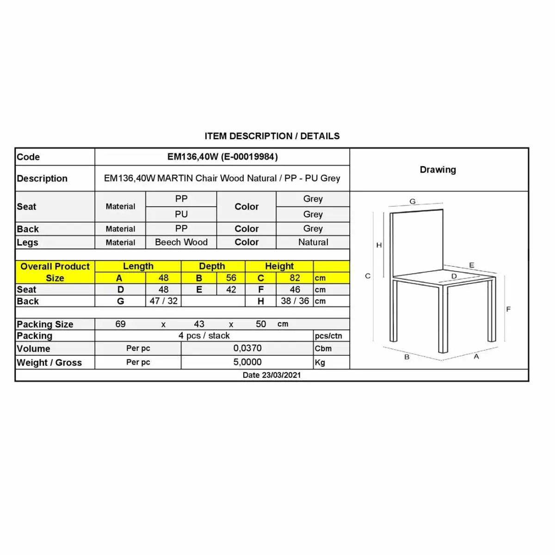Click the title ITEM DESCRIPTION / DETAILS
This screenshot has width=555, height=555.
[272, 136]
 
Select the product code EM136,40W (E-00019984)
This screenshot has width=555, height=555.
[222, 157]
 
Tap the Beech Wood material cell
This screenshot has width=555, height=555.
[181, 242]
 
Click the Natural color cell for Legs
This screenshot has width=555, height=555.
[313, 242]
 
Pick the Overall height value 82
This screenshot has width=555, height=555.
[295, 278]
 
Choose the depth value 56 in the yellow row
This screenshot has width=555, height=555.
[231, 278]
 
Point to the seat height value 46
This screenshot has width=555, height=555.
[295, 290]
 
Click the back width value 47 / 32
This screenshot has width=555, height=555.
[163, 301]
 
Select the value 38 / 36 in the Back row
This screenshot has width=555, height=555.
[295, 301]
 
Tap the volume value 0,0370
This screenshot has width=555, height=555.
[247, 348]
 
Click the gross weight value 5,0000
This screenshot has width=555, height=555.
[247, 362]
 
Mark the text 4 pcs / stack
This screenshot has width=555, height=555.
[204, 336]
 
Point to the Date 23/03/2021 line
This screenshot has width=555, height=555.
[271, 375]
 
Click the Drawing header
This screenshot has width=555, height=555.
[438, 170]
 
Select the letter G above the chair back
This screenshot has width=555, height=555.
[413, 202]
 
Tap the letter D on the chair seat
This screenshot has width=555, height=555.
[454, 277]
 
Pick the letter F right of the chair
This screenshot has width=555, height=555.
[508, 309]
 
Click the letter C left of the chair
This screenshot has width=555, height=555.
[368, 276]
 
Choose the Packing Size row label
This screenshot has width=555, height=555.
[45, 324]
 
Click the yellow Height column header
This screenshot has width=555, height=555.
[279, 266]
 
